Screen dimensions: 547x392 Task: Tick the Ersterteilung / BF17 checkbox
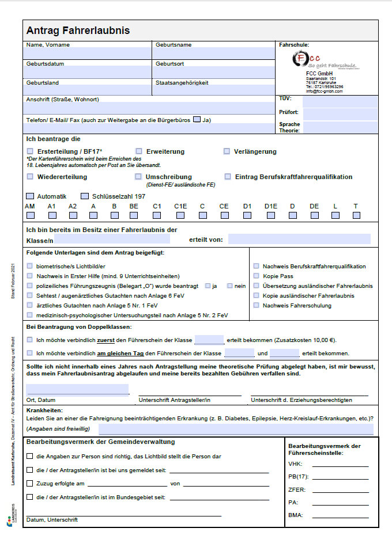[x=30, y=151]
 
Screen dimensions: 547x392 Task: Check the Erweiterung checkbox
[x=139, y=151]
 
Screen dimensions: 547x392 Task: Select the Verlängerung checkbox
[x=227, y=151]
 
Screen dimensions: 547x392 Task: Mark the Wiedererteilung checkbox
[x=30, y=177]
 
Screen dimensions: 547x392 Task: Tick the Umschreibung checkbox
[x=139, y=177]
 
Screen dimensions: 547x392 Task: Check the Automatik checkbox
[x=30, y=196]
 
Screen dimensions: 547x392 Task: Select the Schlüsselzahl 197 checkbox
[x=85, y=196]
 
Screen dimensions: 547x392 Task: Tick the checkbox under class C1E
[x=180, y=215]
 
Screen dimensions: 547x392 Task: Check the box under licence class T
[x=356, y=215]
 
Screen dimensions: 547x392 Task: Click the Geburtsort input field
[x=213, y=73]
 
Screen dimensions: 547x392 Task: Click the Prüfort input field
[x=340, y=114]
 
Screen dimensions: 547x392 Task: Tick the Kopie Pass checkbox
[x=256, y=276]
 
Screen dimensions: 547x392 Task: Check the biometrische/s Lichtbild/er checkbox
[x=30, y=267]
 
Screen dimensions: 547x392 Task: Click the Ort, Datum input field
[x=77, y=389]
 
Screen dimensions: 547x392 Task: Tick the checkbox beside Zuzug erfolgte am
[x=30, y=484]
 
